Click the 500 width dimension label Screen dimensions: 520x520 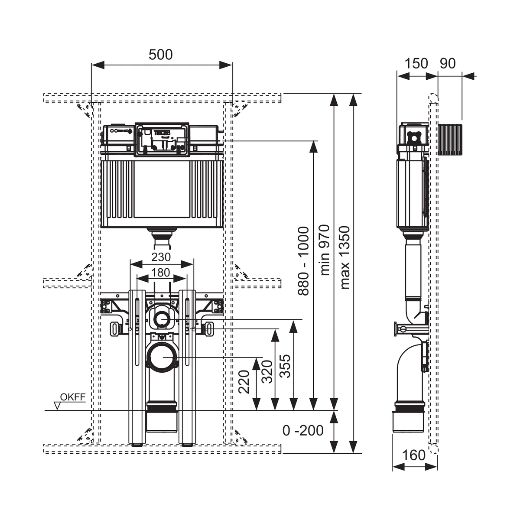point(161,55)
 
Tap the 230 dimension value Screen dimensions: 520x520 point(161,257)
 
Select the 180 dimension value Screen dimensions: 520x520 point(161,273)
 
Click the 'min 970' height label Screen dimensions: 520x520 point(325,250)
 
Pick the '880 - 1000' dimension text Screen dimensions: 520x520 point(304,261)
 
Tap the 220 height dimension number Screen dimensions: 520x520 point(244,382)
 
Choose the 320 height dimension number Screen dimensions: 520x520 point(267,372)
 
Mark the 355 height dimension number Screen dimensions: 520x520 point(285,366)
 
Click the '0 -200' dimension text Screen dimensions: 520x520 point(303,430)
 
